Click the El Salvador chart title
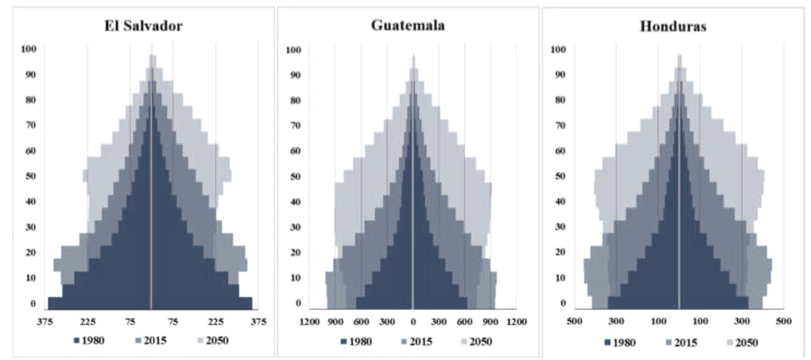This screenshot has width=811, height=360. [x=143, y=26]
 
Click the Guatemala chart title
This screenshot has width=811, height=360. [x=408, y=25]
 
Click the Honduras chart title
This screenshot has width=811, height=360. [x=673, y=26]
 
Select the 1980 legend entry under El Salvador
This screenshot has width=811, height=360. [x=89, y=340]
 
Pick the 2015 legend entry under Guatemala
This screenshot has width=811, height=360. [x=417, y=341]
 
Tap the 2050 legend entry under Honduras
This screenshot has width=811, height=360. [x=742, y=342]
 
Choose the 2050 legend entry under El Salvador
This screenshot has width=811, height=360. [x=213, y=340]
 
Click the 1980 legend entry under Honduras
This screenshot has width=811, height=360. [x=621, y=342]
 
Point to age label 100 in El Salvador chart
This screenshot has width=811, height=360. [x=29, y=49]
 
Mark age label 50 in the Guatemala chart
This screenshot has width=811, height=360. [x=295, y=176]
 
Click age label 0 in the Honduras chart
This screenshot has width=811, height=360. [x=563, y=303]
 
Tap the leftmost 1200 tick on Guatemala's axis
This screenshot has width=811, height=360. [x=310, y=322]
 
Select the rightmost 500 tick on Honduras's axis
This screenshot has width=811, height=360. [x=783, y=321]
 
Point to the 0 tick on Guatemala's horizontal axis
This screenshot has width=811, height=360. [x=413, y=322]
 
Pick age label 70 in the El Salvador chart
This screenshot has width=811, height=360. [x=31, y=125]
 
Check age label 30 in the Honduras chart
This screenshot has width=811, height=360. [x=560, y=227]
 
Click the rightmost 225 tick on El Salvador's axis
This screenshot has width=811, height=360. [x=215, y=322]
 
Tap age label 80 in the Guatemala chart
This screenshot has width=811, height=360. [x=295, y=100]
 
